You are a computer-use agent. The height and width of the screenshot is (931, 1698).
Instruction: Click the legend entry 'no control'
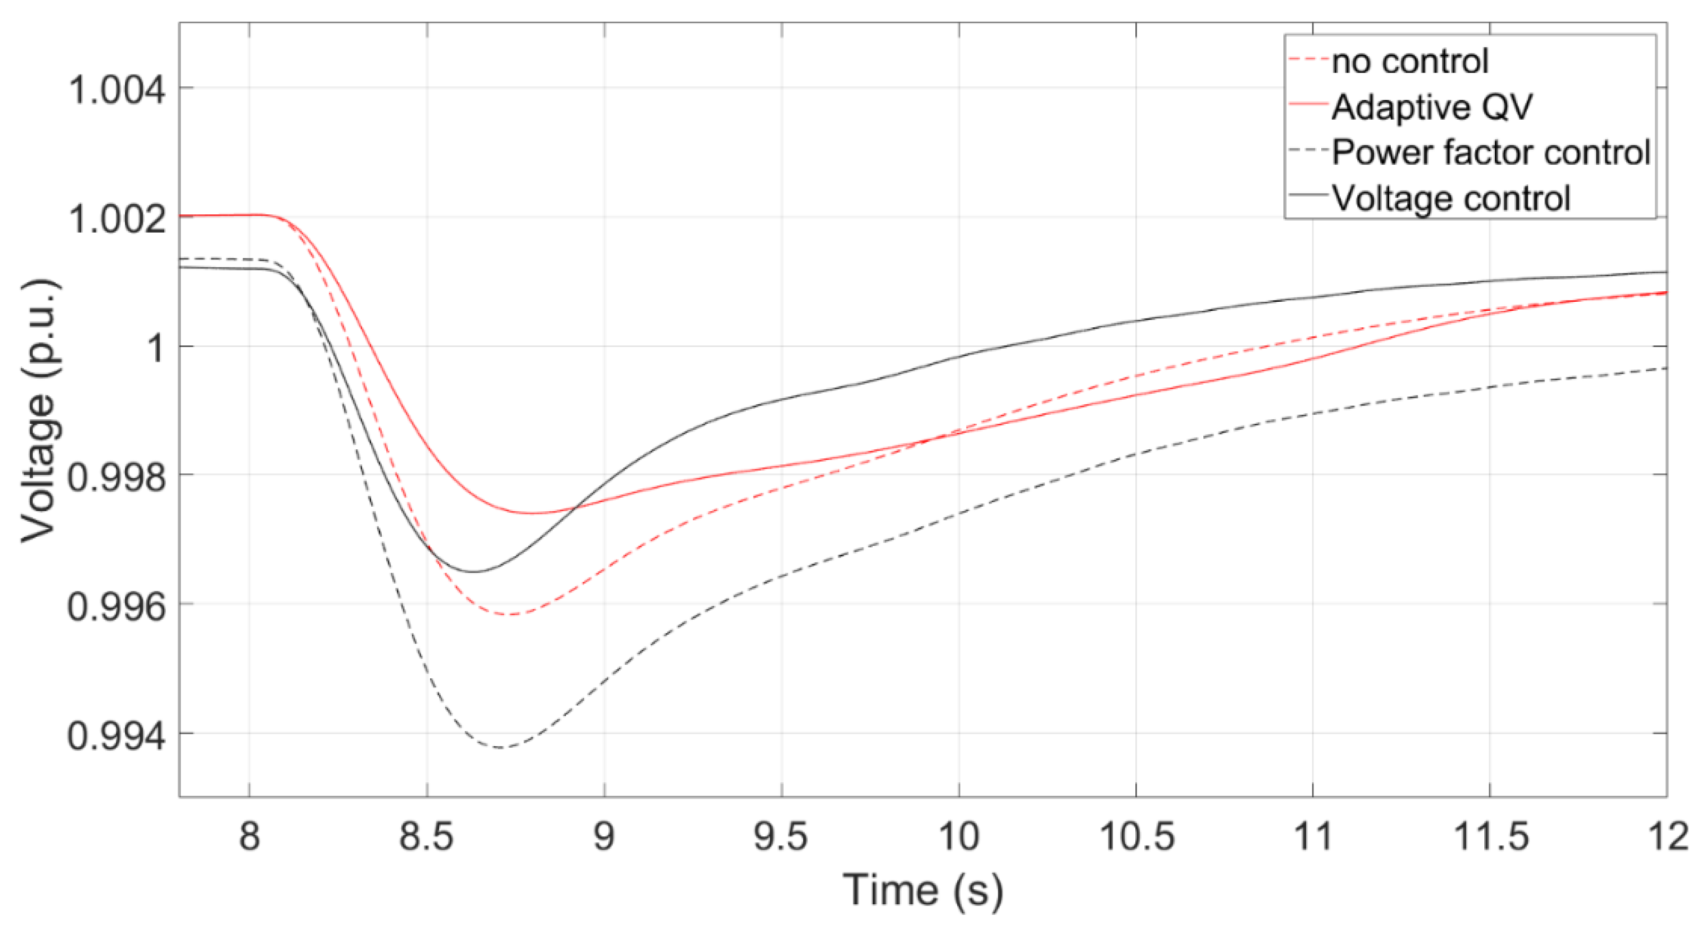pyautogui.click(x=1409, y=61)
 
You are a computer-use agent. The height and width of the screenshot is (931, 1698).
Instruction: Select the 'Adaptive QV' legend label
pyautogui.click(x=1432, y=107)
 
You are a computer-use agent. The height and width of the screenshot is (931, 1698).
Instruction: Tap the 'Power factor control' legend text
pyautogui.click(x=1491, y=153)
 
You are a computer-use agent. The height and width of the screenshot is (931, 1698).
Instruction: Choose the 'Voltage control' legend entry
pyautogui.click(x=1451, y=198)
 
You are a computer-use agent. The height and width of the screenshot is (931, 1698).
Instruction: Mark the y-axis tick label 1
pyautogui.click(x=156, y=347)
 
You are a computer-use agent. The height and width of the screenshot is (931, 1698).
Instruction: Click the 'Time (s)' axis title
pyautogui.click(x=923, y=890)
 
